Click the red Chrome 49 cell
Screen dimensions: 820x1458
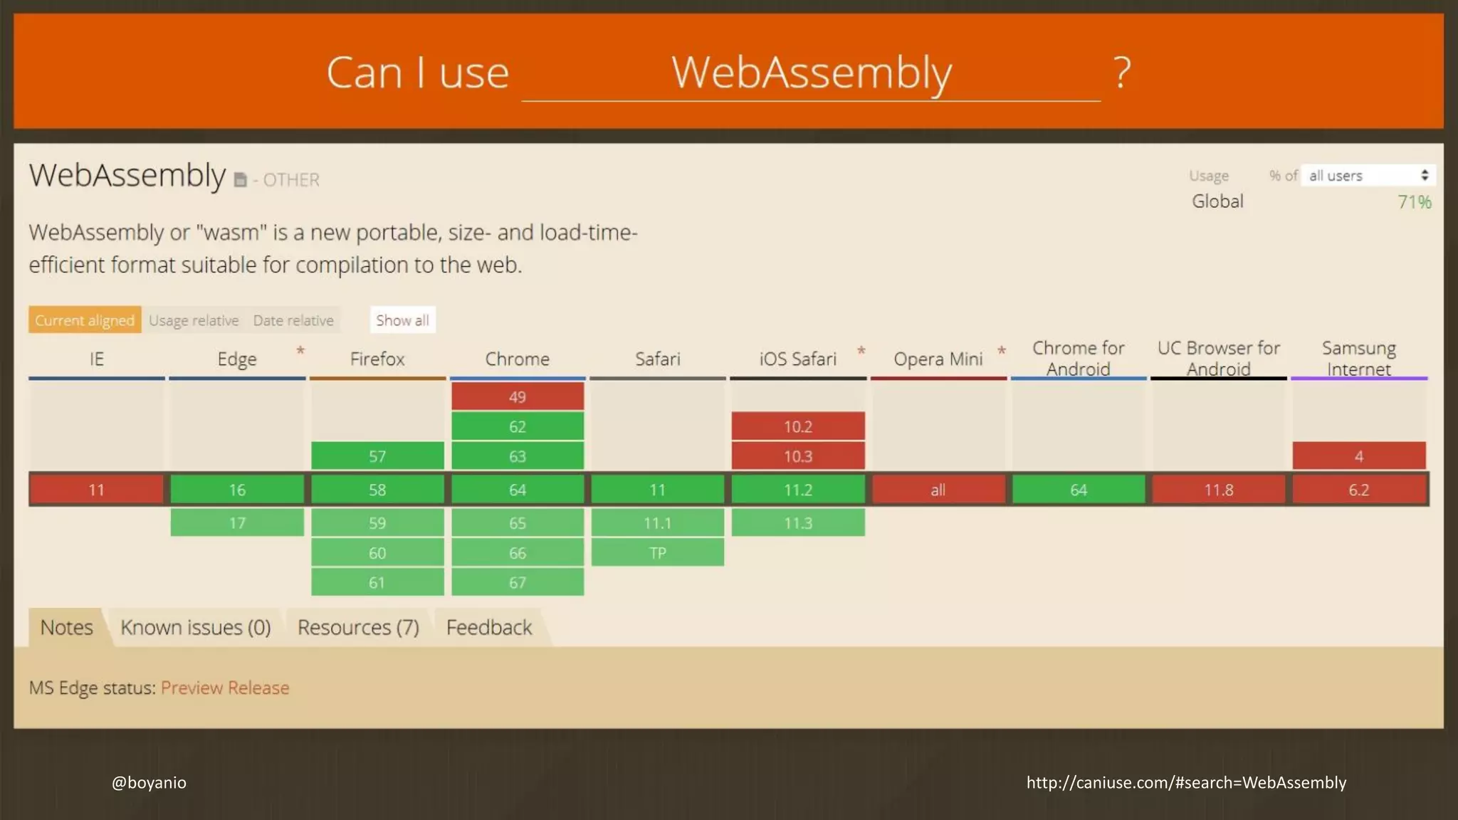click(x=518, y=396)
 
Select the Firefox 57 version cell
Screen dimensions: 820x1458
click(x=377, y=456)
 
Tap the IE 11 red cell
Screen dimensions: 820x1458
click(x=96, y=490)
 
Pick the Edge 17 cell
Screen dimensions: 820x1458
click(x=237, y=523)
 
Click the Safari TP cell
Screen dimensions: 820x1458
click(x=658, y=553)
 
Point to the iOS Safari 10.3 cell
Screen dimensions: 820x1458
click(x=798, y=456)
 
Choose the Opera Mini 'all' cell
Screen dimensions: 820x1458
click(x=938, y=490)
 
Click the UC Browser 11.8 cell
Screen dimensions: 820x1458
click(x=1219, y=490)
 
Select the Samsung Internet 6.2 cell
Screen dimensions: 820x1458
click(x=1359, y=490)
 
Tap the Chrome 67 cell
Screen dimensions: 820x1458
click(x=518, y=583)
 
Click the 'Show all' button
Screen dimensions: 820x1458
click(x=402, y=320)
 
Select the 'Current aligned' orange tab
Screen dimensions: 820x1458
click(x=85, y=320)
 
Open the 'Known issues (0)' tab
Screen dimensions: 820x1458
click(x=196, y=628)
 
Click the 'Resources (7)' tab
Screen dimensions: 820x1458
click(x=358, y=628)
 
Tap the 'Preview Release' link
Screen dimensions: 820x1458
click(x=225, y=688)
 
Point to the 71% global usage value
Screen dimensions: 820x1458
click(x=1414, y=202)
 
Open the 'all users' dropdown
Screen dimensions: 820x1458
click(x=1368, y=176)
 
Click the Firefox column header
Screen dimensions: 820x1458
click(x=377, y=359)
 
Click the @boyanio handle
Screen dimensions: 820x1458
click(x=149, y=782)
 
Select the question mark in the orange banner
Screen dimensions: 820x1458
click(x=1122, y=73)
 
